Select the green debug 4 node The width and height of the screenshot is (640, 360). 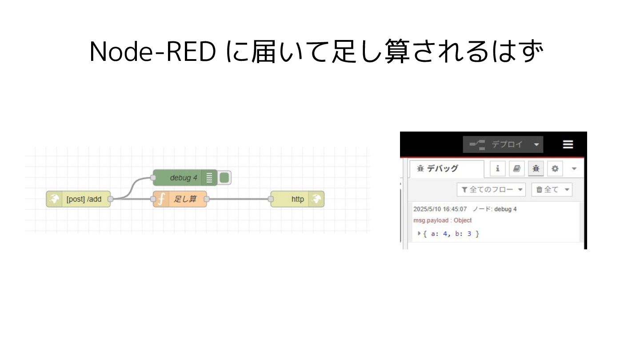pyautogui.click(x=182, y=178)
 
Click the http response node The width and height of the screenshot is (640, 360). pyautogui.click(x=297, y=199)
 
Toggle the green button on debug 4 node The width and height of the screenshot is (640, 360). pyautogui.click(x=224, y=178)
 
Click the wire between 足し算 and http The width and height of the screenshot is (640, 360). pyautogui.click(x=238, y=199)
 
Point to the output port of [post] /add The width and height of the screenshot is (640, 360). pyautogui.click(x=111, y=199)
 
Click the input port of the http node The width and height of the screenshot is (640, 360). pyautogui.click(x=271, y=199)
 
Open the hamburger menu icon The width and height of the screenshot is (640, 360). pyautogui.click(x=568, y=144)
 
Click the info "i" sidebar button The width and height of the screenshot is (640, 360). pyautogui.click(x=498, y=169)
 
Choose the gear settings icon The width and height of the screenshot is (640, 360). pyautogui.click(x=555, y=169)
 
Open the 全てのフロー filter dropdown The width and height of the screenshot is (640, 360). pyautogui.click(x=491, y=190)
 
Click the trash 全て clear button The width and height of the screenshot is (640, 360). pyautogui.click(x=552, y=190)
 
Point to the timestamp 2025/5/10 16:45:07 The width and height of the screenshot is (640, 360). pyautogui.click(x=440, y=209)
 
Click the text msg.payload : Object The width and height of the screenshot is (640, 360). pyautogui.click(x=442, y=220)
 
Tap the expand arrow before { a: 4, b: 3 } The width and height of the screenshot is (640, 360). pyautogui.click(x=419, y=233)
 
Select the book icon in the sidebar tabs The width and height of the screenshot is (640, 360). pyautogui.click(x=516, y=169)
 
